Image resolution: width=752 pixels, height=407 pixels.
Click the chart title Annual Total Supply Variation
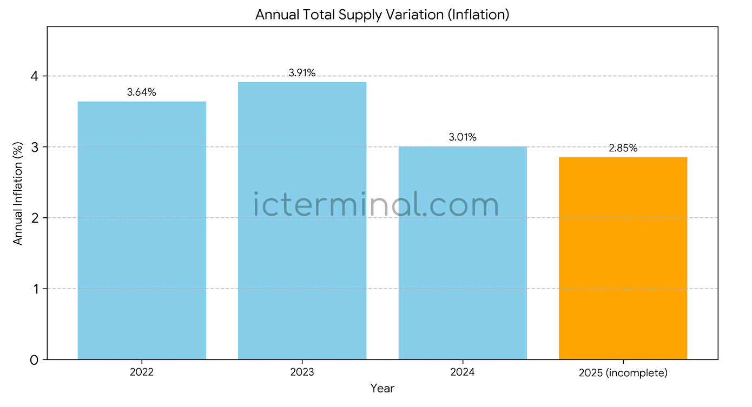pos(382,15)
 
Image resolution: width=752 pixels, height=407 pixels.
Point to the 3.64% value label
pos(142,92)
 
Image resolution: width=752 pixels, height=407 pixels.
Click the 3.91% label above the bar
pos(302,73)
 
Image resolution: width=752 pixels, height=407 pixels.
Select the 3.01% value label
pos(463,137)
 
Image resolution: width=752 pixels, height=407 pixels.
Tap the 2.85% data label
pos(623,148)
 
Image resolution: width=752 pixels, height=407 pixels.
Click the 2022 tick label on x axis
pos(142,372)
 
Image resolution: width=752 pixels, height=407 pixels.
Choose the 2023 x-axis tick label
pos(302,372)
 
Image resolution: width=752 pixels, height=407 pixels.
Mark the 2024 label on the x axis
pos(463,372)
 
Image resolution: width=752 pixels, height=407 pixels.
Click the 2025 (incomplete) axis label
pos(623,373)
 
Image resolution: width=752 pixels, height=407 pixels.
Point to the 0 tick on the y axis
pos(35,360)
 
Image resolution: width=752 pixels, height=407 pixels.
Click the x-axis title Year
pos(382,388)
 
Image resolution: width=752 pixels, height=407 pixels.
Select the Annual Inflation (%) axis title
pos(18,193)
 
